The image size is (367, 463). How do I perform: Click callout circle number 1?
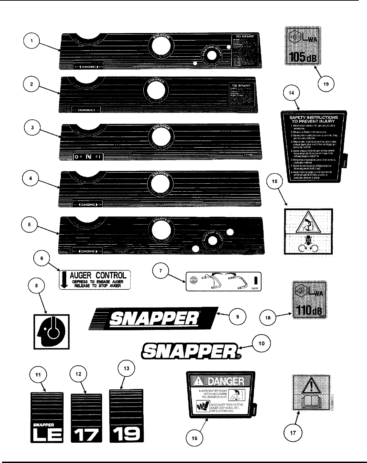pos(31,41)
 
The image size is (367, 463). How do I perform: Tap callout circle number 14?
pos(291,93)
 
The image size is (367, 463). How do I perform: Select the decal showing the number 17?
pos(86,418)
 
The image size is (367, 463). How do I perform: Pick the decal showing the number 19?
pos(126,416)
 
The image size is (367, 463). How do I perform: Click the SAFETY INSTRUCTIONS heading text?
pos(313,119)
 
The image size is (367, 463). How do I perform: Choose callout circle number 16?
pos(194,438)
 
